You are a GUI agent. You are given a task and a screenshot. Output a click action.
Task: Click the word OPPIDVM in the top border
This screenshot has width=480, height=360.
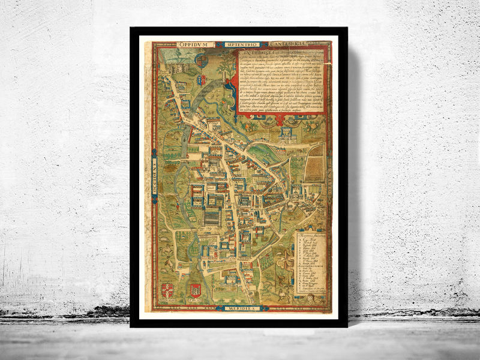pos(195,45)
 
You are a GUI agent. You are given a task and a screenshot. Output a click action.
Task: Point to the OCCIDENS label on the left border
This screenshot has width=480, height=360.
pos(154,174)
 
